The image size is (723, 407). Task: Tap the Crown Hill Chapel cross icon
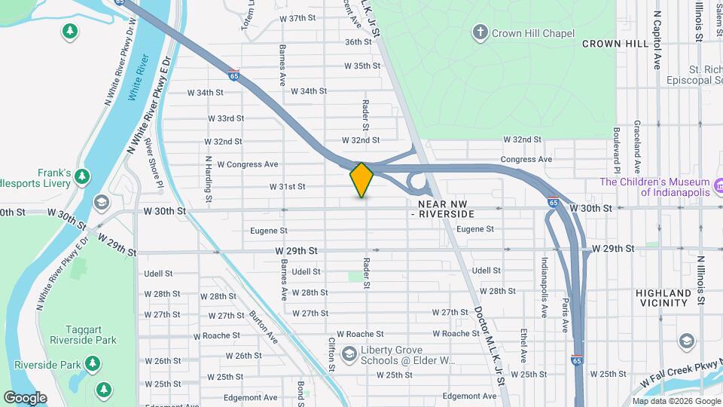click(x=479, y=32)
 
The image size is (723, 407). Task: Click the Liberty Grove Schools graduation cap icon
click(x=348, y=353)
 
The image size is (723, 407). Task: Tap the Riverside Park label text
click(x=60, y=366)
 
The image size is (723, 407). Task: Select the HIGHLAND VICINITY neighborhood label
click(x=663, y=298)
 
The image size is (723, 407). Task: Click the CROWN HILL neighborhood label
click(x=615, y=44)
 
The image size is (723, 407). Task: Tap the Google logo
click(x=25, y=397)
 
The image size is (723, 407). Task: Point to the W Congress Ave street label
click(x=248, y=164)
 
